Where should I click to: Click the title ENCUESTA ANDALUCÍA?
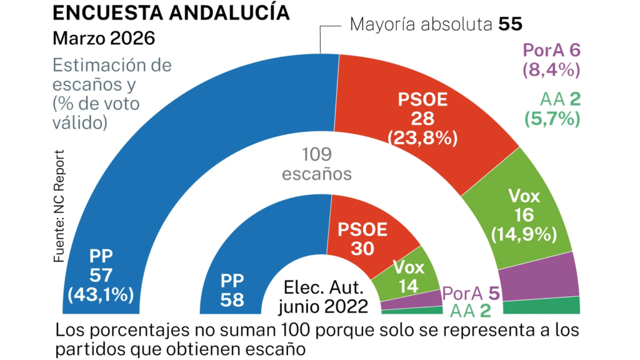(x=171, y=12)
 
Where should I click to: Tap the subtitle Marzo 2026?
(x=104, y=38)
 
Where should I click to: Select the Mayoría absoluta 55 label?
(x=436, y=25)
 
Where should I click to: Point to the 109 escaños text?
(x=317, y=164)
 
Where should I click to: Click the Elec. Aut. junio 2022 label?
(x=323, y=298)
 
